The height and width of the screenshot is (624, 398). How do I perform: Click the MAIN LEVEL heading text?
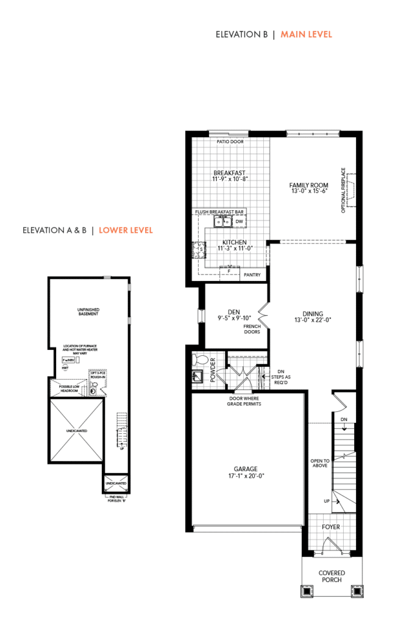(306, 35)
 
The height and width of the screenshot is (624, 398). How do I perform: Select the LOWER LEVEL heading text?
(126, 230)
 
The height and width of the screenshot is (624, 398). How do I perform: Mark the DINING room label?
(313, 314)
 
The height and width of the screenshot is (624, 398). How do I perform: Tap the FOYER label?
(330, 526)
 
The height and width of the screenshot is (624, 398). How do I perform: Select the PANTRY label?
(252, 275)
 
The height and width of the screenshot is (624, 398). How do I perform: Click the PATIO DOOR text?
(230, 142)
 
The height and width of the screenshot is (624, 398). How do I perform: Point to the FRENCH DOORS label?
(252, 330)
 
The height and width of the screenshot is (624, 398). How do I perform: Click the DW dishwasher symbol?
(240, 221)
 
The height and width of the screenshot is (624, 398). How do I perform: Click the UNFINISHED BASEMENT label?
(88, 312)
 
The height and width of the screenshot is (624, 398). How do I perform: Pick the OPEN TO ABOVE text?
(320, 464)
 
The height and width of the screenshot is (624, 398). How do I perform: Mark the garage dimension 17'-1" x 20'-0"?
(247, 477)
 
